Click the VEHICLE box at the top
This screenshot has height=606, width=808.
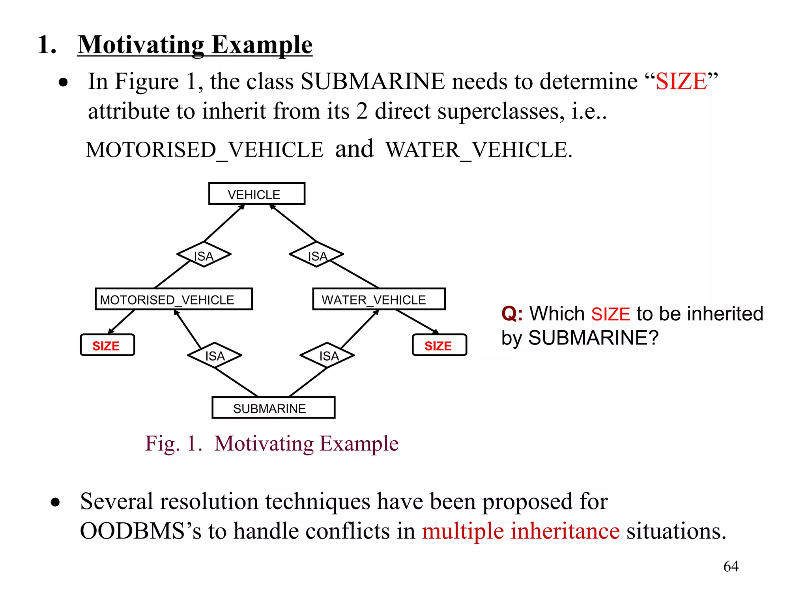point(256,194)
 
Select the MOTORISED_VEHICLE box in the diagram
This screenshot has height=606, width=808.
point(174,299)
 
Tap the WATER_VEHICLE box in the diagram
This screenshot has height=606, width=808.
point(379,299)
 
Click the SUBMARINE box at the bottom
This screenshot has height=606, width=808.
point(273,408)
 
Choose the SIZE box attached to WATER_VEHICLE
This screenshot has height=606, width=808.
point(439,345)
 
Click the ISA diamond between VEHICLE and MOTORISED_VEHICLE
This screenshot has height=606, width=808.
point(204,254)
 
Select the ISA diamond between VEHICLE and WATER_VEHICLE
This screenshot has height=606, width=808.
point(316,254)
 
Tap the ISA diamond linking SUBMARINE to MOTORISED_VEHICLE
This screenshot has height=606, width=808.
point(215,355)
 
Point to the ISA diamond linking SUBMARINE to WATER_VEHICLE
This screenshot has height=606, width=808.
point(327,355)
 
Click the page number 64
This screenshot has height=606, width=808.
point(731,566)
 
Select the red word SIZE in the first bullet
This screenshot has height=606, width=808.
point(681,82)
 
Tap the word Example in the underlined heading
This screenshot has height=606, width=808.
point(262,45)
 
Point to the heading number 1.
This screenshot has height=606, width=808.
point(47,44)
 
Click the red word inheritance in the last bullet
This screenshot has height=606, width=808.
point(565,531)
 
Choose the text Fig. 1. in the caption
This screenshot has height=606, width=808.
point(174,443)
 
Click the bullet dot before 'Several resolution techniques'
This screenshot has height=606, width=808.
point(55,502)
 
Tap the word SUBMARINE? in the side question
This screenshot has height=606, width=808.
point(593,338)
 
